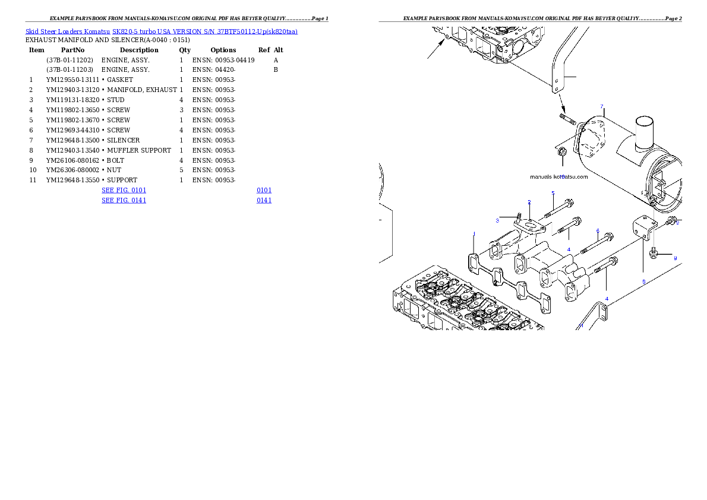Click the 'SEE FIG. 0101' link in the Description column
(124, 190)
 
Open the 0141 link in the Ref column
(264, 200)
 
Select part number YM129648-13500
(72, 140)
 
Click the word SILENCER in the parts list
(123, 140)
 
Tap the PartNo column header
(72, 50)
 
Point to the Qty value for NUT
(181, 170)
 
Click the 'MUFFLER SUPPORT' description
(139, 150)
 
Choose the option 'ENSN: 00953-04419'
(223, 60)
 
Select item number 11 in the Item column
(33, 180)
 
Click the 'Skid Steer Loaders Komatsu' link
(68, 31)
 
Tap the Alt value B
(276, 69)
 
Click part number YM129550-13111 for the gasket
(72, 80)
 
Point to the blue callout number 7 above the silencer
(601, 107)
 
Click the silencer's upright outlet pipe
(645, 132)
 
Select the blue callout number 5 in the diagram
(553, 193)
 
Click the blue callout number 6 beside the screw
(598, 231)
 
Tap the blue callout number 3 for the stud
(497, 220)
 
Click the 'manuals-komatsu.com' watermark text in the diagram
(558, 177)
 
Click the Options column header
(223, 50)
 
